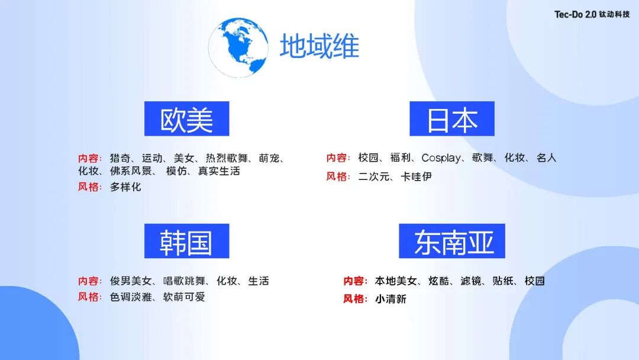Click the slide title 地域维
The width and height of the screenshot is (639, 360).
tap(319, 46)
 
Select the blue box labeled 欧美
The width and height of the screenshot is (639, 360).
tap(186, 119)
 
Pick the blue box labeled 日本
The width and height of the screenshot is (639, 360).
tap(452, 119)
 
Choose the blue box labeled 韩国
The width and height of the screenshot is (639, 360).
tap(186, 241)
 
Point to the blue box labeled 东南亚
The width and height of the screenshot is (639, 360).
tap(452, 241)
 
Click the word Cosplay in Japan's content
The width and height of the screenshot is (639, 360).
tap(441, 158)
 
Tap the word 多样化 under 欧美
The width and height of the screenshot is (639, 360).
tap(125, 187)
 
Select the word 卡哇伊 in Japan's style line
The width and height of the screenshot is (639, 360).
tap(416, 176)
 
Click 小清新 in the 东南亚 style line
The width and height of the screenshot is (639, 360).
tap(390, 299)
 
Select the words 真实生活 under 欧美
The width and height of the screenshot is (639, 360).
tap(219, 171)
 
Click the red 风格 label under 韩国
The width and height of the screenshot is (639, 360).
tap(89, 297)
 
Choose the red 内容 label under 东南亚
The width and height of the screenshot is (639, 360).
tap(355, 281)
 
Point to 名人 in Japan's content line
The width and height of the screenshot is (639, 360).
tap(546, 158)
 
